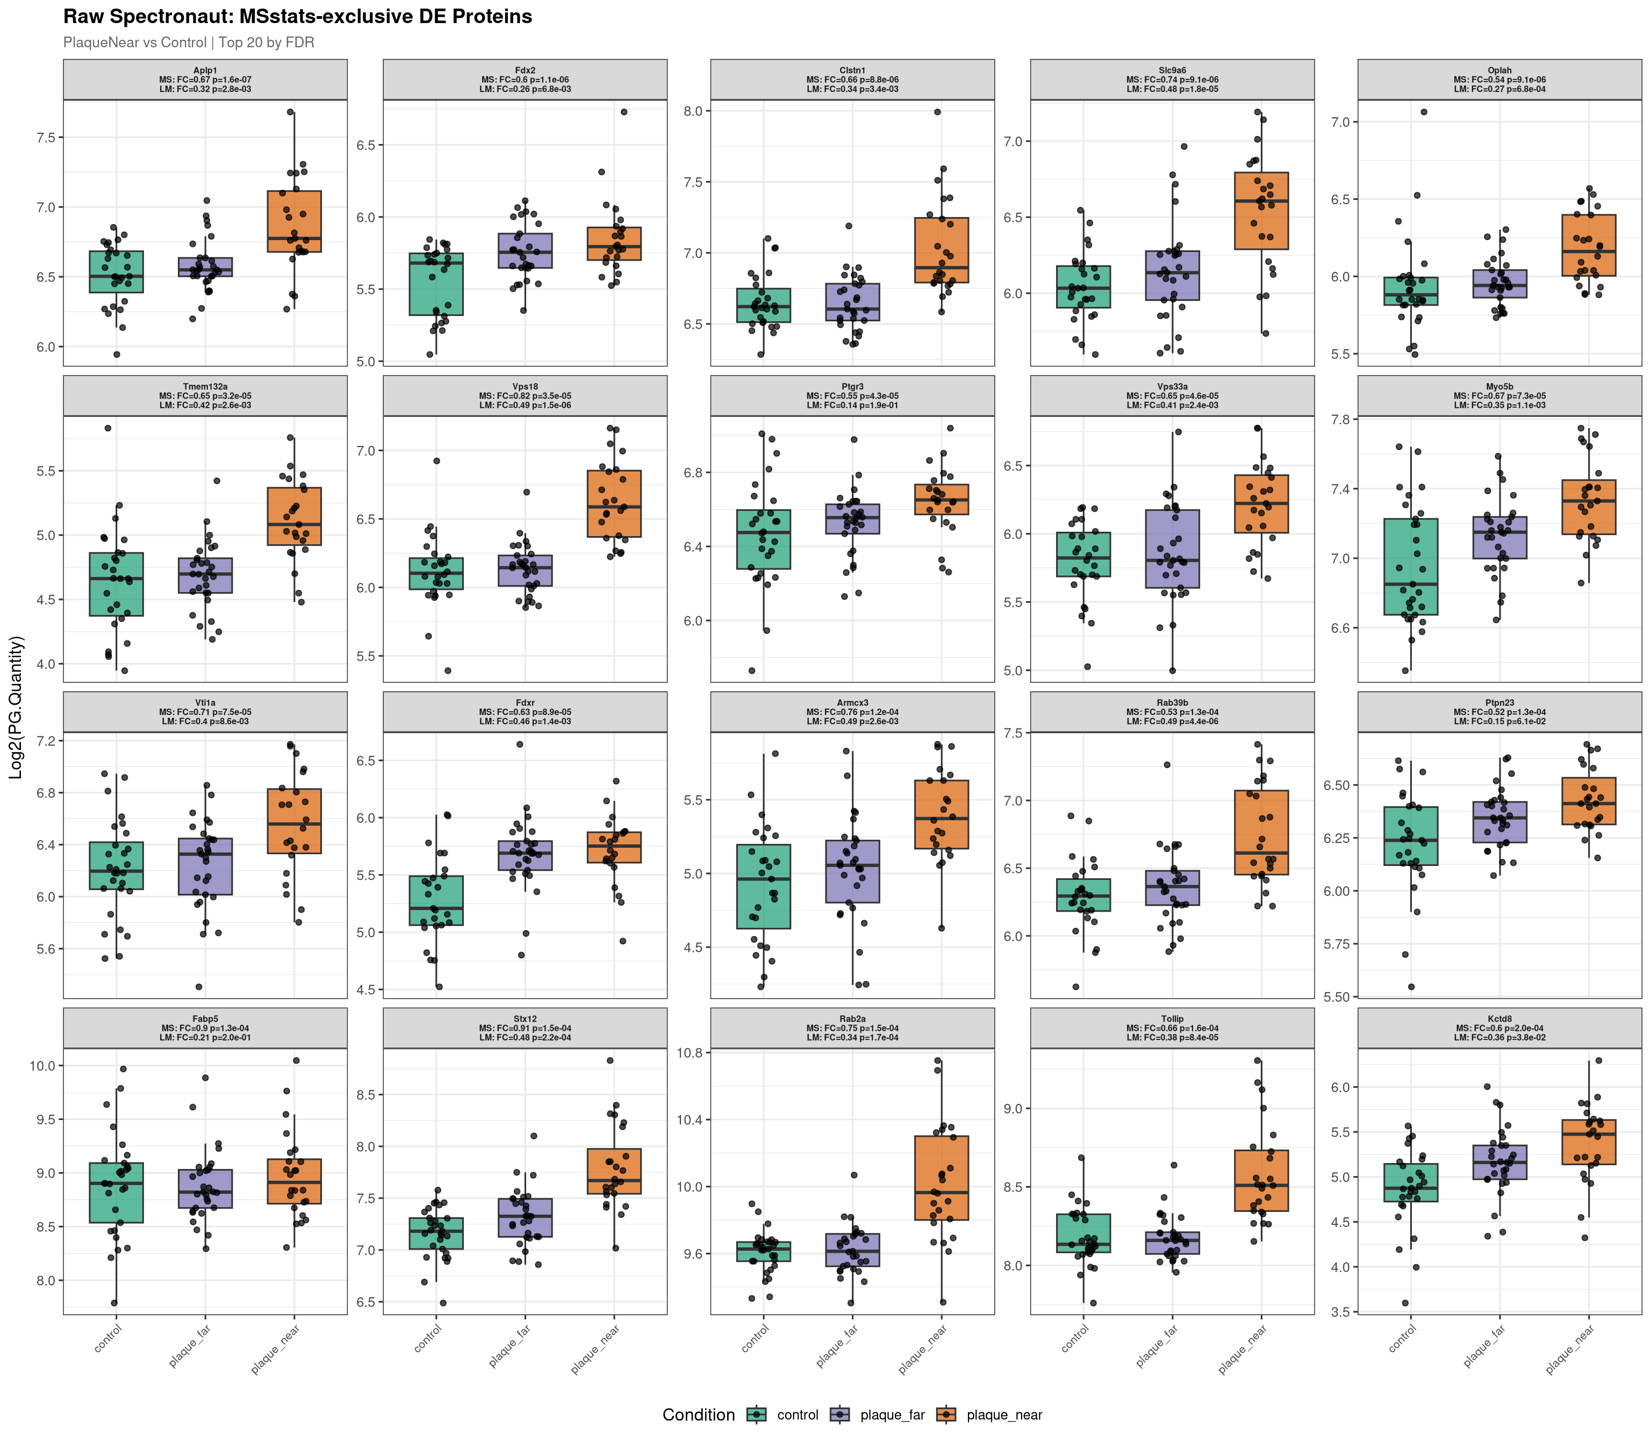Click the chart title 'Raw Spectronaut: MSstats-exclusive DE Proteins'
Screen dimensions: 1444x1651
(298, 17)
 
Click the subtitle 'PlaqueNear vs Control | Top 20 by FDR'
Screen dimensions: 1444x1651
(189, 43)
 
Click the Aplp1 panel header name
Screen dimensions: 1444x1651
(205, 70)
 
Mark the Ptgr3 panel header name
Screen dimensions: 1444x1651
(852, 387)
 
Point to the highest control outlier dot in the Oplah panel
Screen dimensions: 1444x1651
(1424, 112)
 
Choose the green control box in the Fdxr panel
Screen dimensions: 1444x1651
(436, 900)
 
